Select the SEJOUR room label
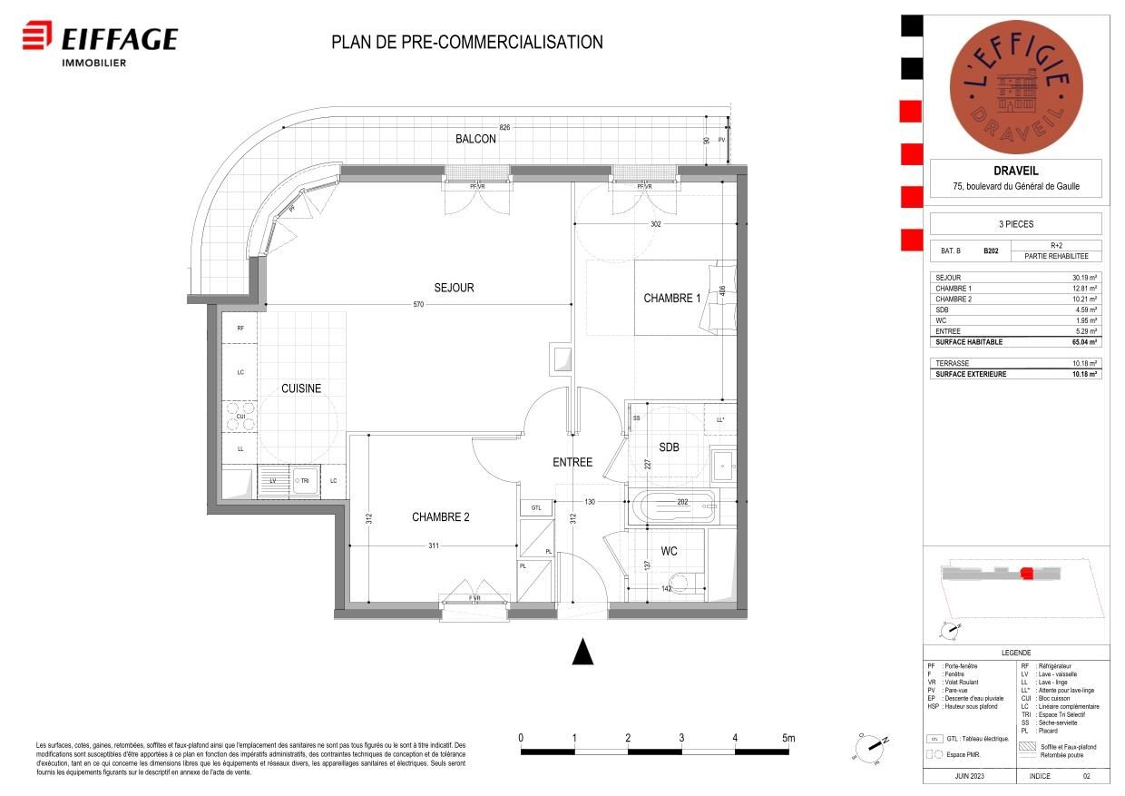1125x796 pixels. [x=454, y=288]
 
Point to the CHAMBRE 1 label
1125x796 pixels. [x=671, y=299]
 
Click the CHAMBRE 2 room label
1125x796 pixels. [x=440, y=517]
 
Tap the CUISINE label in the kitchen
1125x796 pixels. [x=300, y=388]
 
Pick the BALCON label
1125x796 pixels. [x=475, y=139]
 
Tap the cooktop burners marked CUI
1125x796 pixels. [x=241, y=417]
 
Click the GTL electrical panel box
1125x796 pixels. [x=536, y=508]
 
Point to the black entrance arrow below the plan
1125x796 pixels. [x=582, y=651]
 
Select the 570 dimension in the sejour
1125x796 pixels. [x=418, y=305]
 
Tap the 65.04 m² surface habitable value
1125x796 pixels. [x=1084, y=343]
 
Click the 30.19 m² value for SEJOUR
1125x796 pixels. [x=1084, y=278]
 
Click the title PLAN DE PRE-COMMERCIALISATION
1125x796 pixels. [x=466, y=42]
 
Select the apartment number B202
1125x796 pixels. [x=991, y=251]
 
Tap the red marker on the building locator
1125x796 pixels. [x=1026, y=573]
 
